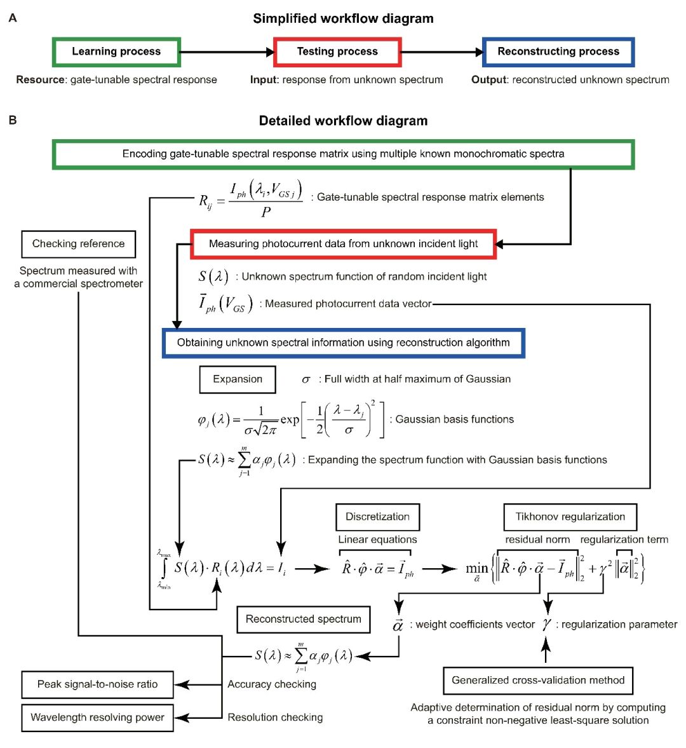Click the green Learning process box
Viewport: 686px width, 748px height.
pos(116,51)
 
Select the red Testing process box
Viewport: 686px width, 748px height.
pos(337,51)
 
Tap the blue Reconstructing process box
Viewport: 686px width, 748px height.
pos(558,51)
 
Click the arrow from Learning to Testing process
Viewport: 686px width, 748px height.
pos(227,52)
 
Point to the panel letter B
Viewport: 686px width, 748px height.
pos(13,119)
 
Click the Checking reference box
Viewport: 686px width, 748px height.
pos(79,243)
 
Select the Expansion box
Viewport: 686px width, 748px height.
pos(238,379)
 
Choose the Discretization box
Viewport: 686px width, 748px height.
pos(377,517)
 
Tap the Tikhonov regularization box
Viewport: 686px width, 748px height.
pos(570,517)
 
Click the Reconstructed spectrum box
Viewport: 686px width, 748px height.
pos(303,619)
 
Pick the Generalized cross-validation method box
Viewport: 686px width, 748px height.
pos(538,680)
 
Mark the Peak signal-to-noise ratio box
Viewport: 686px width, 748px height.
pos(97,684)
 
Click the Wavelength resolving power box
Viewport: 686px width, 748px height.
pos(97,717)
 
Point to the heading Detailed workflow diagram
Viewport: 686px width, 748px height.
pos(343,121)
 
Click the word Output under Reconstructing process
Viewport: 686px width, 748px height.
pos(488,79)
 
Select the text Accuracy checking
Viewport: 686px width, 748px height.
pos(272,684)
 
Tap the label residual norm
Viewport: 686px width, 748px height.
pos(537,540)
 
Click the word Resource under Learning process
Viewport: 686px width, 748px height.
pos(40,79)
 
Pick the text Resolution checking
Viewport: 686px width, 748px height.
pos(275,717)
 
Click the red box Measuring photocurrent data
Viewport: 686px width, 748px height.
pos(343,244)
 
